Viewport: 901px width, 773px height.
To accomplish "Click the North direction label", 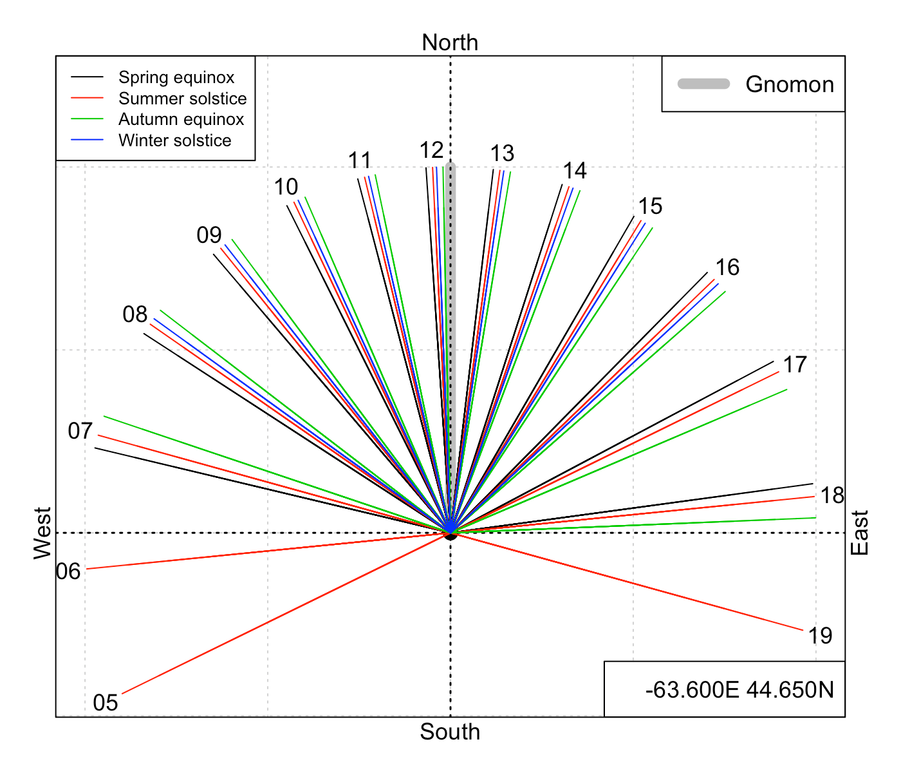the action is coord(450,43).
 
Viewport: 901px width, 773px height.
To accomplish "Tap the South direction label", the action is coord(450,732).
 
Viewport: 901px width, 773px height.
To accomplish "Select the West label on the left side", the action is coord(42,533).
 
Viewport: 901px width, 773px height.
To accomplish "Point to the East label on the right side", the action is coord(860,533).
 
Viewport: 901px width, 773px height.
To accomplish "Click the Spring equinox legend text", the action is coord(176,77).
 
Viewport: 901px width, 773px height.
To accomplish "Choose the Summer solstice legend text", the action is coord(182,98).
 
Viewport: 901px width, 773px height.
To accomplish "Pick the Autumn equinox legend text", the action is coord(181,119).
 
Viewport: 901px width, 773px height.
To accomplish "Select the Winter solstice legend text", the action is coord(175,140).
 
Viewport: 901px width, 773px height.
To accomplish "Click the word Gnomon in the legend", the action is coord(790,84).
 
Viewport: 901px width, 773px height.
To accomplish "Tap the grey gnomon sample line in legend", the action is coord(703,84).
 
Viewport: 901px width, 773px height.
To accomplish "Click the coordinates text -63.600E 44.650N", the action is coord(739,690).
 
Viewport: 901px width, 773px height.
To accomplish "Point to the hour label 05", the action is coord(106,703).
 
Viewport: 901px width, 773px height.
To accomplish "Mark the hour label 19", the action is coord(820,636).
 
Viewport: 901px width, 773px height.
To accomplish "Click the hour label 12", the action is coord(432,151).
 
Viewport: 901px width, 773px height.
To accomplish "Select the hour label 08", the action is coord(135,314).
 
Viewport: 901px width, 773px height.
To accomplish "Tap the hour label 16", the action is coord(727,267).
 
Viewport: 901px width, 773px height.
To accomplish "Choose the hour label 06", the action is coord(68,571).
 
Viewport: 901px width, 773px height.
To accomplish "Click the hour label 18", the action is coord(832,495).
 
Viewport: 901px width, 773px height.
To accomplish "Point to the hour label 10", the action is coord(286,187).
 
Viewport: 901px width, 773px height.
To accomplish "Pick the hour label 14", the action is coord(575,171).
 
